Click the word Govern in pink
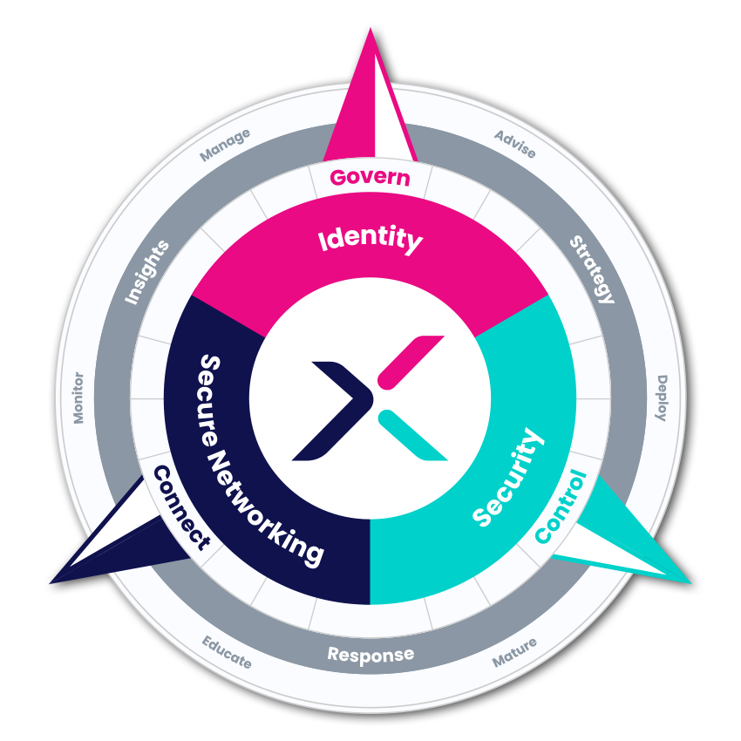(370, 177)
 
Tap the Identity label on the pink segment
(370, 238)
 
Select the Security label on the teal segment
(508, 479)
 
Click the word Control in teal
(561, 507)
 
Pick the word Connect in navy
(181, 507)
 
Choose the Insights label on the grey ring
(146, 272)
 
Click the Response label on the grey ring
(370, 655)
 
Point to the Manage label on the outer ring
(225, 145)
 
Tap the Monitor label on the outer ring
(78, 398)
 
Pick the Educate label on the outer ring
(228, 652)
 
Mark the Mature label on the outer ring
(514, 653)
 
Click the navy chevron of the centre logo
(331, 410)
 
